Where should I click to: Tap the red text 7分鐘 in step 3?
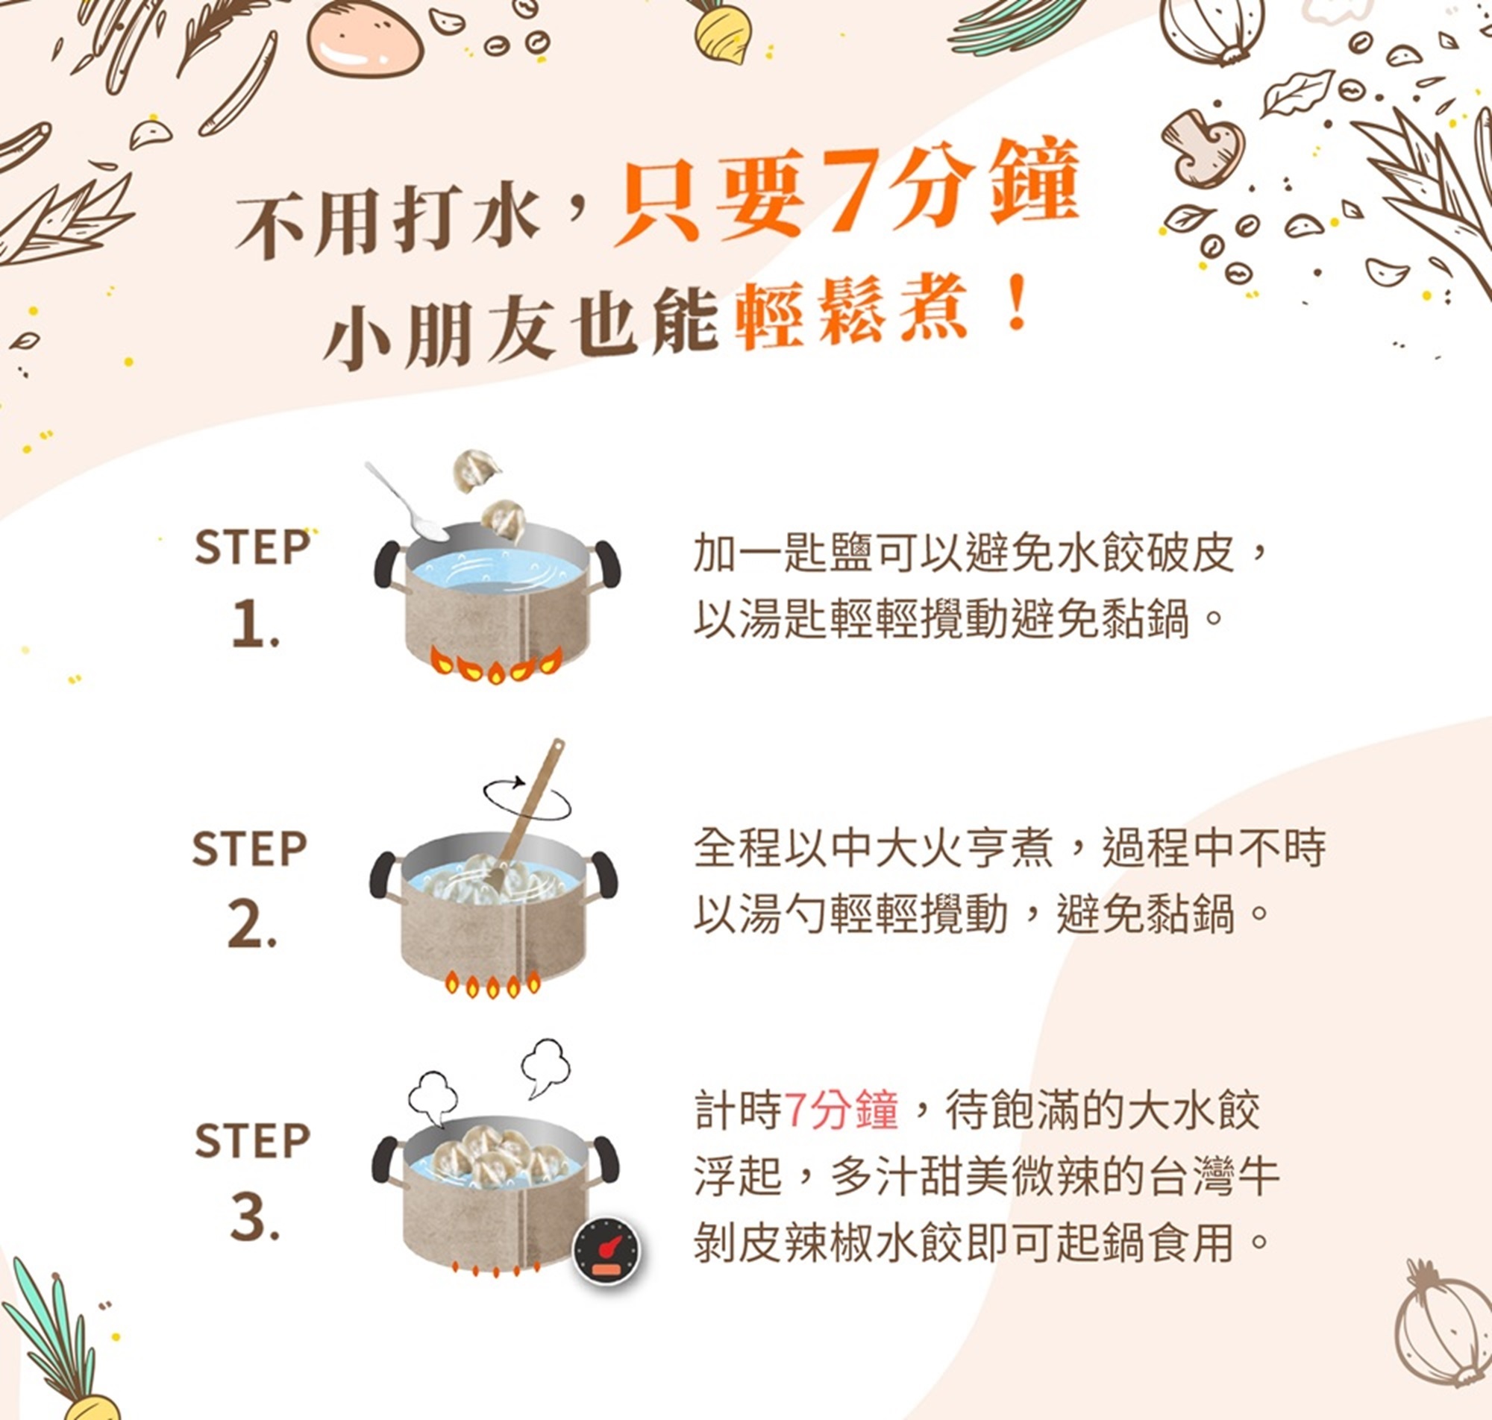[x=840, y=1111]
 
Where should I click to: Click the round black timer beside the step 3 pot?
[x=605, y=1251]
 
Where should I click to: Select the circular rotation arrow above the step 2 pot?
[x=527, y=797]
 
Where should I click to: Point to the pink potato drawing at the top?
[x=364, y=38]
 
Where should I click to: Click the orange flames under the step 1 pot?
[x=497, y=665]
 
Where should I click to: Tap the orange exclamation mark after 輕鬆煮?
[x=1018, y=303]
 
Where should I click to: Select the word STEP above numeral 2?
[x=250, y=848]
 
